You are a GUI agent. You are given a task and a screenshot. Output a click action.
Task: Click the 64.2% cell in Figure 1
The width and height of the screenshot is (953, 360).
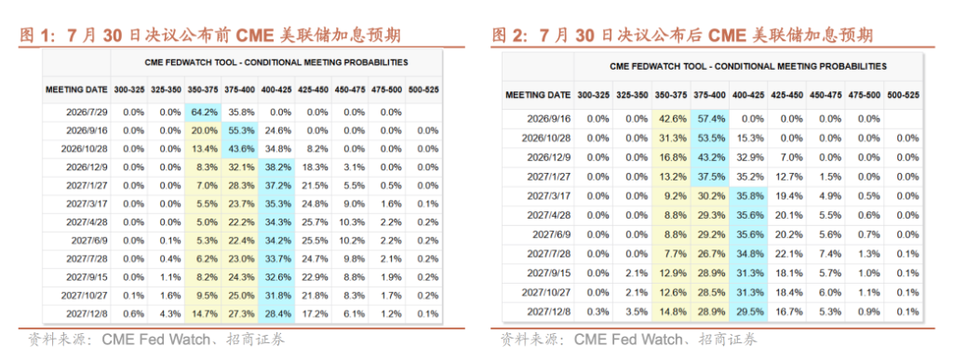202,112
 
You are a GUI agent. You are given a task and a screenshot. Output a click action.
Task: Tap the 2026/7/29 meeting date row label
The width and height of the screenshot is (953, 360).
85,112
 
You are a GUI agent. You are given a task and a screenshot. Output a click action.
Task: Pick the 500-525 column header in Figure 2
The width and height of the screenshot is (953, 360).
903,95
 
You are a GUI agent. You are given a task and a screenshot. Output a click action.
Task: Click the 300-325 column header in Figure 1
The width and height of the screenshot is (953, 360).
128,89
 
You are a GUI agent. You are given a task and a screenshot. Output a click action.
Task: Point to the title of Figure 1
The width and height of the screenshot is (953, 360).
209,35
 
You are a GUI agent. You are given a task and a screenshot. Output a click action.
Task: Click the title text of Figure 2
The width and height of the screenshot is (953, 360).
682,35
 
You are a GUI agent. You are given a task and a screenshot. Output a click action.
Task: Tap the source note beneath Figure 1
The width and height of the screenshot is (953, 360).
155,340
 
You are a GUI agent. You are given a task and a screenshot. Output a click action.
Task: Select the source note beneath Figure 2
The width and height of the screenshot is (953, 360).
628,340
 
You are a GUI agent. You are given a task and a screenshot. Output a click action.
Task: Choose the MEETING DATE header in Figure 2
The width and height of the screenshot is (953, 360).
538,95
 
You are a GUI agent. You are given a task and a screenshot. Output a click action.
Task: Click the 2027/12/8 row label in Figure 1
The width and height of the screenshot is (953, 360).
85,313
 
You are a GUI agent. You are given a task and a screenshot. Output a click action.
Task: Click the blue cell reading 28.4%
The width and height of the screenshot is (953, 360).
275,313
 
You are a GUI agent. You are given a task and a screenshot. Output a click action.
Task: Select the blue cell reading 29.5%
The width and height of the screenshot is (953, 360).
747,312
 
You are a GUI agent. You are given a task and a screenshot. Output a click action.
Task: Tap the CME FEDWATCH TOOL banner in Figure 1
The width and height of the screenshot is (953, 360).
275,62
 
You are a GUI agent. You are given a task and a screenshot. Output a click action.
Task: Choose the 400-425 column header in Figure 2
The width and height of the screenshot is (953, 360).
747,95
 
